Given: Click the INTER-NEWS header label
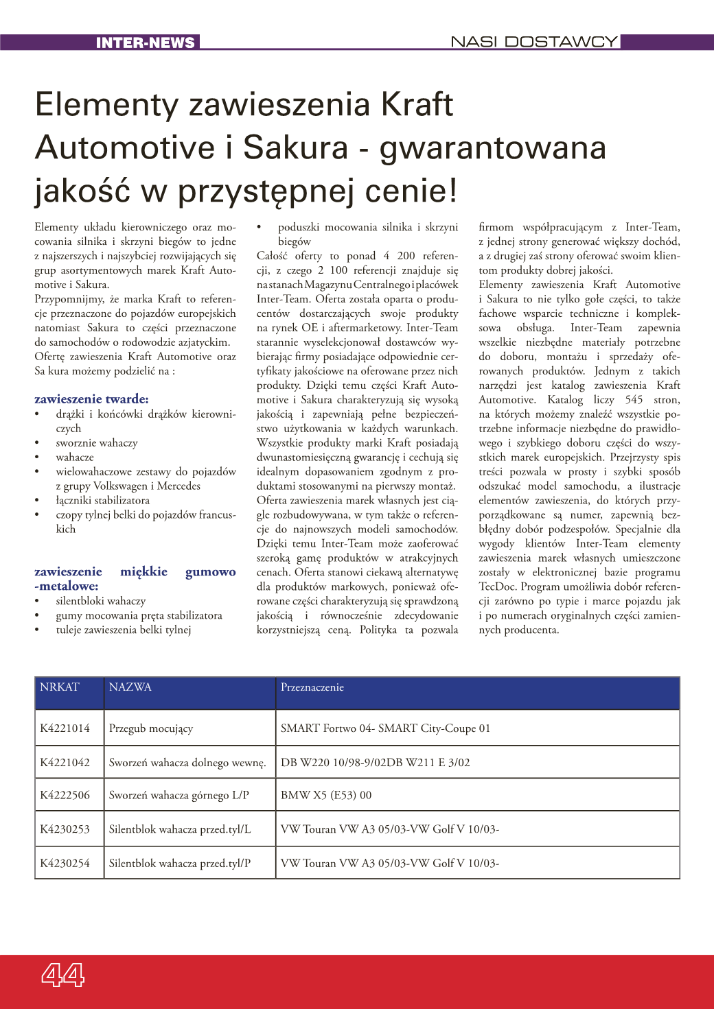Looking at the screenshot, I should point(145,43).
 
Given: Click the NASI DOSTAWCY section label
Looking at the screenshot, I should point(533,42).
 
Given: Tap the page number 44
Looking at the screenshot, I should point(63,974).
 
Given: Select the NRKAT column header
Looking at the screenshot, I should point(60,687).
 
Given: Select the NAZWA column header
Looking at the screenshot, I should point(130,687).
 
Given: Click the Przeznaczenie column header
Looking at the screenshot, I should point(312,687).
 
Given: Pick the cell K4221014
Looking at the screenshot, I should point(65,728).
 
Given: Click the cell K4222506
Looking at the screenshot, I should point(65,796).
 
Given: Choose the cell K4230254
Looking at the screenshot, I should point(65,864).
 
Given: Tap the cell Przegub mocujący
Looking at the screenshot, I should point(151,728).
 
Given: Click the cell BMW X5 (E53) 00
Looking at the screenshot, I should point(326,796).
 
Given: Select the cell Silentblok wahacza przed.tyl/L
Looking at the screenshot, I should point(180,829).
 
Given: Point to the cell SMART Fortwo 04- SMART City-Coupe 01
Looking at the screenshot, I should point(385,728).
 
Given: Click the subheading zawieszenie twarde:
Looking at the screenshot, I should point(91,399).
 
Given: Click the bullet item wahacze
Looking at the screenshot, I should point(75,458).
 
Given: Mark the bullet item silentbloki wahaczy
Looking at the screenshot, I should point(101,602).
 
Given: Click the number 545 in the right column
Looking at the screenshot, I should point(634,400).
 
